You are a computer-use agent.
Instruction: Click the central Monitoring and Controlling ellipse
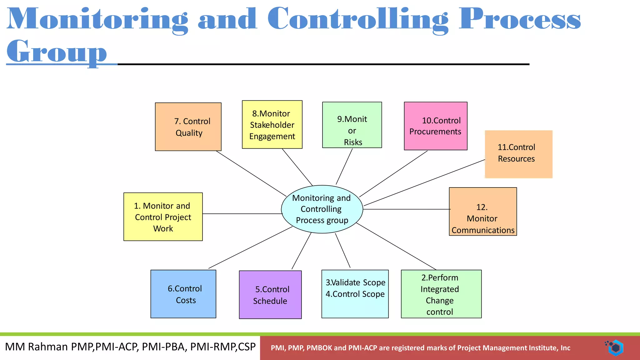322,209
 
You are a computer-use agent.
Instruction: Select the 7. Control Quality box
188,127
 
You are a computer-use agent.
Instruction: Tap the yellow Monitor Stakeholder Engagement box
272,124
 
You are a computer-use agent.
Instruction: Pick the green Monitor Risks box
352,125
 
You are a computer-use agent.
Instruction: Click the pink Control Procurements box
435,126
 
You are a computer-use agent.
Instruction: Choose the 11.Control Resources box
518,154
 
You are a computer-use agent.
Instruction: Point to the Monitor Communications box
482,212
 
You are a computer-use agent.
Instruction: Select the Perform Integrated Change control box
441,294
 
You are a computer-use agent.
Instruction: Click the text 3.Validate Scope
355,282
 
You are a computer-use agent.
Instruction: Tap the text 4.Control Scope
355,294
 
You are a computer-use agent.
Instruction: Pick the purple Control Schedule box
270,295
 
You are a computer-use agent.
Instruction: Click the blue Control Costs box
183,294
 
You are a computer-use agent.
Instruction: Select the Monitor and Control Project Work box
163,217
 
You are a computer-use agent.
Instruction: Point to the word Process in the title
519,19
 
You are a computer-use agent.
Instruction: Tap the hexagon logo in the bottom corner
615,347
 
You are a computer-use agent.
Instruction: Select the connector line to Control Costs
250,247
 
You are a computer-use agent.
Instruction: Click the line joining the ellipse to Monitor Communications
406,209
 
